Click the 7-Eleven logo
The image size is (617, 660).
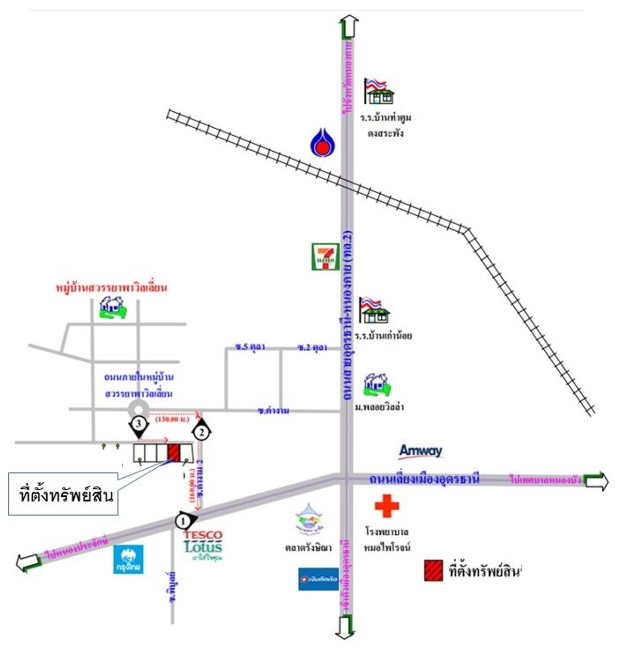(325, 257)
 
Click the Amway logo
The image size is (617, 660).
(420, 451)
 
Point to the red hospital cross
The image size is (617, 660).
(387, 506)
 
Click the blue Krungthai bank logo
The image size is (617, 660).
(128, 560)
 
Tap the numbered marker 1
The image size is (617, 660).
(183, 521)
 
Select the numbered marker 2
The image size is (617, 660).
(202, 432)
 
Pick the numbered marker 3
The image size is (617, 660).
(139, 424)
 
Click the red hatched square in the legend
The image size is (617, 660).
(433, 570)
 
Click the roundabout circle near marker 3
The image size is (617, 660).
(138, 409)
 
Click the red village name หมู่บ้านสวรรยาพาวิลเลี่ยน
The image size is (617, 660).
(111, 288)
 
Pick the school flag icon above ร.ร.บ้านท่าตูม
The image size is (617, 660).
(378, 91)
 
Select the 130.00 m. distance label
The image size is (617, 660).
(172, 420)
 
